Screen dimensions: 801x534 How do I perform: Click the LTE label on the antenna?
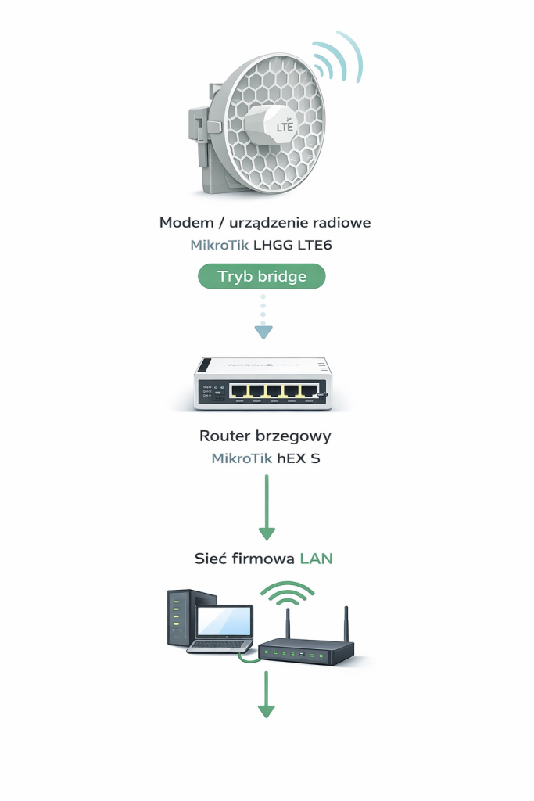tap(285, 126)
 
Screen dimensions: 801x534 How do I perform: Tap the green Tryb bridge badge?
tap(261, 276)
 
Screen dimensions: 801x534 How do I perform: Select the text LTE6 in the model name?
tap(316, 246)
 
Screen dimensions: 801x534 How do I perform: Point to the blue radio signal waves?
tap(338, 59)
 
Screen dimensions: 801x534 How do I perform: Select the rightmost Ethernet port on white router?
tap(310, 391)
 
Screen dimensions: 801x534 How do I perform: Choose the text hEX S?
tap(299, 458)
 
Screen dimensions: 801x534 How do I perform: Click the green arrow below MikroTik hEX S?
tap(267, 508)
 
